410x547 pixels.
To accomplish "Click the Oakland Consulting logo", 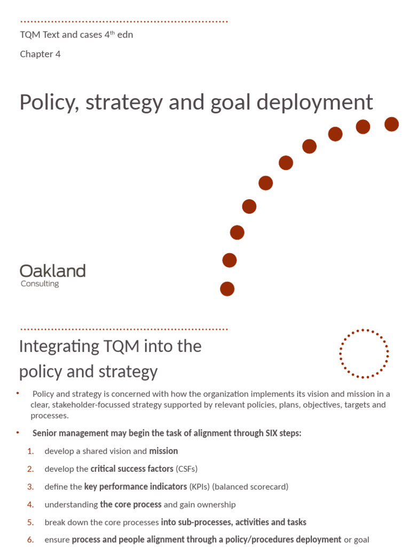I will coord(52,275).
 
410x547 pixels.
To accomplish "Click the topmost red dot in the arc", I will coord(391,124).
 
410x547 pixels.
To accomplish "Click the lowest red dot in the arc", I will coord(227,289).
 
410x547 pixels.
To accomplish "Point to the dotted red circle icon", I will coord(364,354).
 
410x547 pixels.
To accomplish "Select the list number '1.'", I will coord(30,451).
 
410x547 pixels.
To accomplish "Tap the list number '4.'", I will coord(30,504).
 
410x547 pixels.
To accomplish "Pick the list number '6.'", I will coord(30,540).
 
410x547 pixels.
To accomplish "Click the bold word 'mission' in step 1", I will coord(163,451).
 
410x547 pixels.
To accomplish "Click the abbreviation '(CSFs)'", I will coord(186,469).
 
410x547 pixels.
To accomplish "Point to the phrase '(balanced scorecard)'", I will coord(251,487).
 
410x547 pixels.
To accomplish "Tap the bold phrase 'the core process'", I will coord(130,504).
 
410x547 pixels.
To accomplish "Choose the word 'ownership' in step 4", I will coord(217,504).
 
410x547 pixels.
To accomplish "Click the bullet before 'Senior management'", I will coord(18,433).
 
